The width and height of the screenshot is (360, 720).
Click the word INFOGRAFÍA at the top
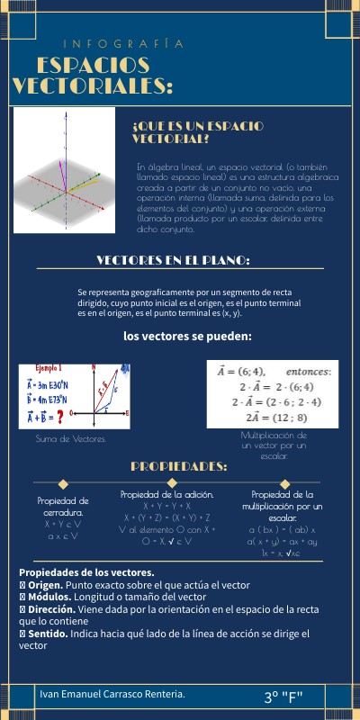coord(124,43)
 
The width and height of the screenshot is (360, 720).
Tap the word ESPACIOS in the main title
coord(94,66)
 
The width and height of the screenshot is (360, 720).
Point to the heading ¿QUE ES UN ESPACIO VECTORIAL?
coord(196,132)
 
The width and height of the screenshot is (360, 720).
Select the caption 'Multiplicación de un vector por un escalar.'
coord(274,445)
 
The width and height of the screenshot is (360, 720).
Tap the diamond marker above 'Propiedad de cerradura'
coord(63,484)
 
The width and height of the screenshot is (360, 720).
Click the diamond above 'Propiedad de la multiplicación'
coord(282,484)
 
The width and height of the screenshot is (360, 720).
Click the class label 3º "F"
coord(285,697)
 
